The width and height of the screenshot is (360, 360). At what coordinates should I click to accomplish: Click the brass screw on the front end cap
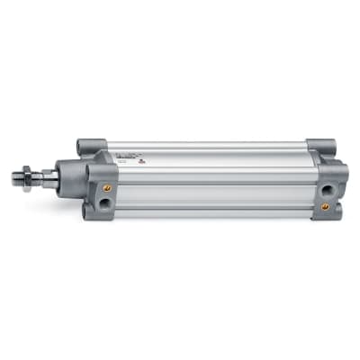click(x=107, y=188)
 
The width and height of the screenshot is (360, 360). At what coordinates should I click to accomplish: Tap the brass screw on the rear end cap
click(x=325, y=206)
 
